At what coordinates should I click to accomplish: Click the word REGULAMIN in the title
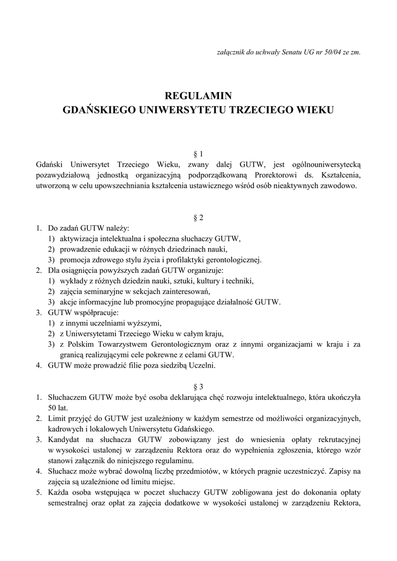pos(198,96)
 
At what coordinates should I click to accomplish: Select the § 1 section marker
pos(198,154)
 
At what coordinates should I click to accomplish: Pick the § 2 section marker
pos(198,217)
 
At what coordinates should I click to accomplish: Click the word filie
pos(140,365)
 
